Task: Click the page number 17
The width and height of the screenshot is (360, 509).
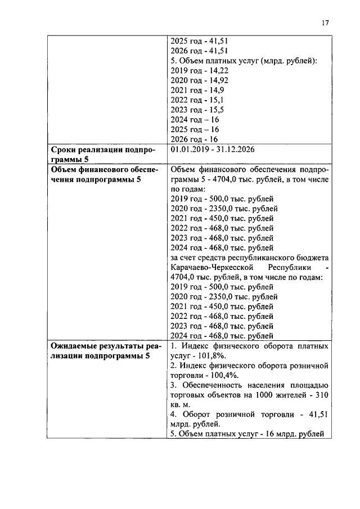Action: pyautogui.click(x=325, y=23)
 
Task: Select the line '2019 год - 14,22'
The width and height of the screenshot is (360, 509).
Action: pyautogui.click(x=199, y=70)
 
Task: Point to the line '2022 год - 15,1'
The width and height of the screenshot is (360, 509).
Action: pyautogui.click(x=197, y=100)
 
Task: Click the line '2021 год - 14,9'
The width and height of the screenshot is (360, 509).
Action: pyautogui.click(x=197, y=91)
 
